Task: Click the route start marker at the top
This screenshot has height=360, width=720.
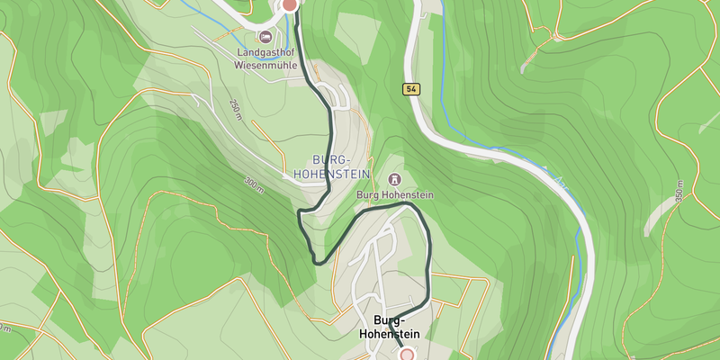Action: pyautogui.click(x=289, y=4)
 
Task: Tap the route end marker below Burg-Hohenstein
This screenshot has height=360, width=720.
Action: pyautogui.click(x=407, y=355)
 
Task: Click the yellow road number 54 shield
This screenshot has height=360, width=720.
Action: pyautogui.click(x=410, y=88)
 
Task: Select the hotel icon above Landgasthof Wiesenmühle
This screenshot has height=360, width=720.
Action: pyautogui.click(x=265, y=37)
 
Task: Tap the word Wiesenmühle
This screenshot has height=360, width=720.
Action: pyautogui.click(x=265, y=65)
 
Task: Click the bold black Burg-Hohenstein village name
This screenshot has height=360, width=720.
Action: pyautogui.click(x=389, y=328)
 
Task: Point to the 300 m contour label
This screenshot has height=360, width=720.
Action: pyautogui.click(x=254, y=185)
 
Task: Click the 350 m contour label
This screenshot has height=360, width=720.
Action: pyautogui.click(x=679, y=191)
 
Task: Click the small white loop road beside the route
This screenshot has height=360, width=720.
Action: pyautogui.click(x=335, y=95)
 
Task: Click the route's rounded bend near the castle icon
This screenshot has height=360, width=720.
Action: pyautogui.click(x=412, y=206)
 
